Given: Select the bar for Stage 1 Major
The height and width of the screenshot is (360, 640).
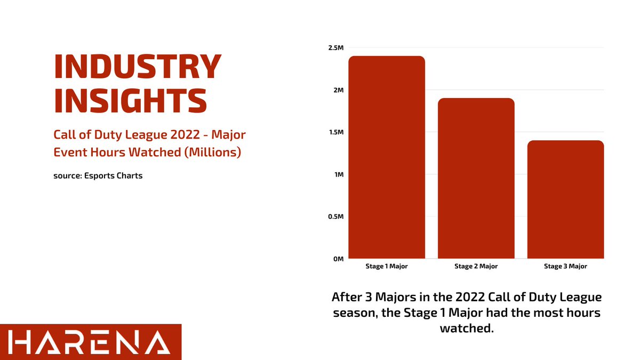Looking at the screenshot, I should point(387,157).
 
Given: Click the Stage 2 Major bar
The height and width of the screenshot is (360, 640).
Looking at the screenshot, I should point(476,179).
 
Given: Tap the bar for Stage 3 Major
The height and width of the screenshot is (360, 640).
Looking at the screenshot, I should point(565,199).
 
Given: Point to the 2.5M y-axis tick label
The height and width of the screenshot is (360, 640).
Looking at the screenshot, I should point(336,48).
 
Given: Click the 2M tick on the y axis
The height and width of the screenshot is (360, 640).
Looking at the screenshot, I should point(338,90).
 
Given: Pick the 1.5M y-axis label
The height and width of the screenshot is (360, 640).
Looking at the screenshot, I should point(336,132).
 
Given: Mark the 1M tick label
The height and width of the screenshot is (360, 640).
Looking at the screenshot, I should point(339,174).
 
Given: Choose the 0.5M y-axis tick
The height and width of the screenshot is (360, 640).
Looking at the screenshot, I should point(336,217).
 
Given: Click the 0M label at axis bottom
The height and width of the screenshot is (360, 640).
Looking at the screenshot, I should point(338,259).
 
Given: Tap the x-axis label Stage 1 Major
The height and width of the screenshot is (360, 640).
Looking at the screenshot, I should point(387,266).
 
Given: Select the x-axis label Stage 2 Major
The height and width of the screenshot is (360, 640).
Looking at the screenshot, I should point(476,266).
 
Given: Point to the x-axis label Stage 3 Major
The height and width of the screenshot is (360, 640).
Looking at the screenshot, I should point(565,266).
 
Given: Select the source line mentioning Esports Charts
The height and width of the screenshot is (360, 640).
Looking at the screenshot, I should point(98,175).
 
